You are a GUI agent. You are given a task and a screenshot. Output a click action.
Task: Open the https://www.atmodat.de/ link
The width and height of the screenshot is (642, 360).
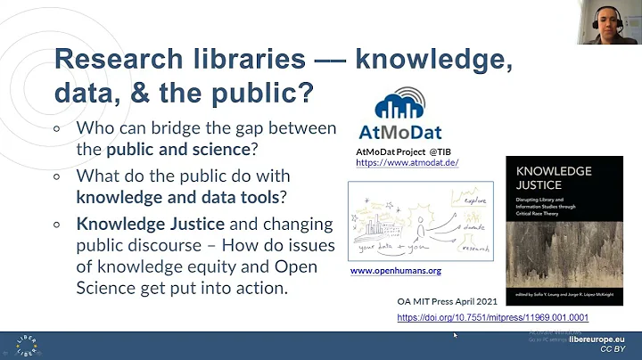407,165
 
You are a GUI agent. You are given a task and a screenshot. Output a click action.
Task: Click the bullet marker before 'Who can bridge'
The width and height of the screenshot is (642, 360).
58,127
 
